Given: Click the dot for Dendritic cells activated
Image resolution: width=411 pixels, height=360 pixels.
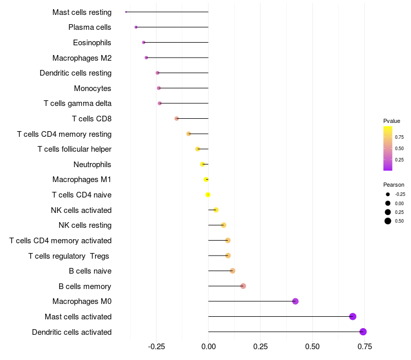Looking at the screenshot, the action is (x=363, y=332).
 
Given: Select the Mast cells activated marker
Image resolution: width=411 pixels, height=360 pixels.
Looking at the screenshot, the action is (x=352, y=316).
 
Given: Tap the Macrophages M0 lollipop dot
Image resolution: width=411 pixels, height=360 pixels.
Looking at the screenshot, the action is (x=295, y=301).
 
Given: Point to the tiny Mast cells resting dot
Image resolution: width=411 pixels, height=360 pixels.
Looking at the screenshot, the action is (x=126, y=12).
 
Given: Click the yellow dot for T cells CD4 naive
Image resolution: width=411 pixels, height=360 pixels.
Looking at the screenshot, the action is (x=208, y=195).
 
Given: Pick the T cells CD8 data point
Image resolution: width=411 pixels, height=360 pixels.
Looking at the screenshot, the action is (x=177, y=119).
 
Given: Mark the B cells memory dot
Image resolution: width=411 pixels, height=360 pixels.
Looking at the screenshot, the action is (x=243, y=286).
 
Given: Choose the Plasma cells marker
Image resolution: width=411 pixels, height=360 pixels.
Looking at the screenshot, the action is (x=136, y=27).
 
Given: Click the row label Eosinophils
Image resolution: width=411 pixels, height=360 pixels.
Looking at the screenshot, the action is (x=92, y=43).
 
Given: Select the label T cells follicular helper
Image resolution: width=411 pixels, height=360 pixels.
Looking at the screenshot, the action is (x=74, y=149).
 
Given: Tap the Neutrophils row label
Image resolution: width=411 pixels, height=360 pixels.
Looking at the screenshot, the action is (x=92, y=165).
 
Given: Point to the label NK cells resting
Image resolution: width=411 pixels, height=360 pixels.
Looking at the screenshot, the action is (x=85, y=225).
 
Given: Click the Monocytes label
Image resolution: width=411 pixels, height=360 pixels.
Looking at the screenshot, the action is (x=92, y=88).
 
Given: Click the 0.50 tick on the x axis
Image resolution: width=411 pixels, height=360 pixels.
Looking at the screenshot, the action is (x=312, y=347).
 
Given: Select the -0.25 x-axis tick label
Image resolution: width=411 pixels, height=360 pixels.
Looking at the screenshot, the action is (x=157, y=347).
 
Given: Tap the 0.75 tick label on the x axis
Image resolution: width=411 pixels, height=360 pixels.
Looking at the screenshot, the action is (x=365, y=347).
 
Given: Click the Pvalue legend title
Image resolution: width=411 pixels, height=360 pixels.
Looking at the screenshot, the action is (x=391, y=121).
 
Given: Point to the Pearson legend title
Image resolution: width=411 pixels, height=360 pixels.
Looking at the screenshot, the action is (x=394, y=185).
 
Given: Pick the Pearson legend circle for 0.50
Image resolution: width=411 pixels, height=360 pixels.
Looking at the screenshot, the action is (x=388, y=221).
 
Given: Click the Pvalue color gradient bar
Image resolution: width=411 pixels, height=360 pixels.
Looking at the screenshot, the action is (x=388, y=149).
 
